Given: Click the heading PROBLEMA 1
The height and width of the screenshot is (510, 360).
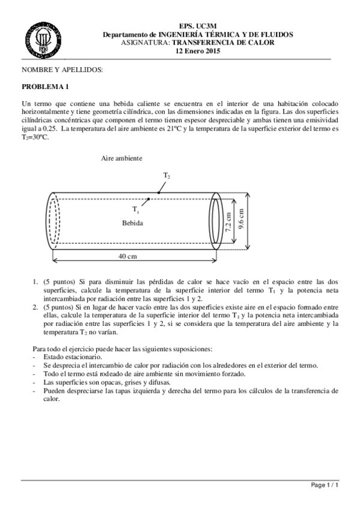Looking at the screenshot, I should coord(46,86).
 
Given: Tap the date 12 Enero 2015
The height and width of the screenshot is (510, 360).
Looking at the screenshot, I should coord(198,51).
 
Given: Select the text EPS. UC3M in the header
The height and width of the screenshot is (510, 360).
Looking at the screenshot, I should coord(198,27).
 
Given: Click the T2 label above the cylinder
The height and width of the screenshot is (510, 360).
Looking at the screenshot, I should coord(166,174).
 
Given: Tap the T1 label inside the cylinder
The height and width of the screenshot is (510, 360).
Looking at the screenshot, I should coord(136,209).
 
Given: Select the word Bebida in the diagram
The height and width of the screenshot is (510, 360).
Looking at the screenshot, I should coord(133,223).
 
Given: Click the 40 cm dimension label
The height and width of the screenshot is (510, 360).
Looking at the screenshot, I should coord(127,256).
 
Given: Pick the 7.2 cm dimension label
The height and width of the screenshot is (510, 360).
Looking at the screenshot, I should coord(228,220).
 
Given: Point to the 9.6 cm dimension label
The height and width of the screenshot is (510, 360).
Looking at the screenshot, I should coord(241,220).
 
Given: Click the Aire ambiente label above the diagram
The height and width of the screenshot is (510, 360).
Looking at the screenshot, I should coord(122,158).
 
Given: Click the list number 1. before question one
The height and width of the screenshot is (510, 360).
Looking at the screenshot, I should coord(34,281).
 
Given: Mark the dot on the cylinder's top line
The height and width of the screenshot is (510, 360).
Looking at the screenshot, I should coord(158,193).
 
